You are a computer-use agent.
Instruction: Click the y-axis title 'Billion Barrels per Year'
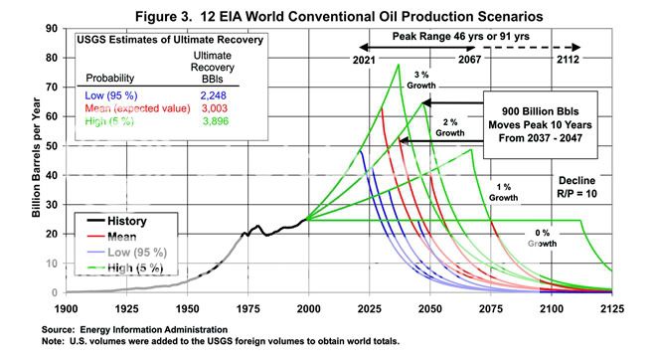coord(36,160)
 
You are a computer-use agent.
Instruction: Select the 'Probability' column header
coord(112,78)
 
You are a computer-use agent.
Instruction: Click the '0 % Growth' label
coord(543,237)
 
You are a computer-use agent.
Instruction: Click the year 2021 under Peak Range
coord(367,60)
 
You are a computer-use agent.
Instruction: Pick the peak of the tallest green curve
coord(398,65)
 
